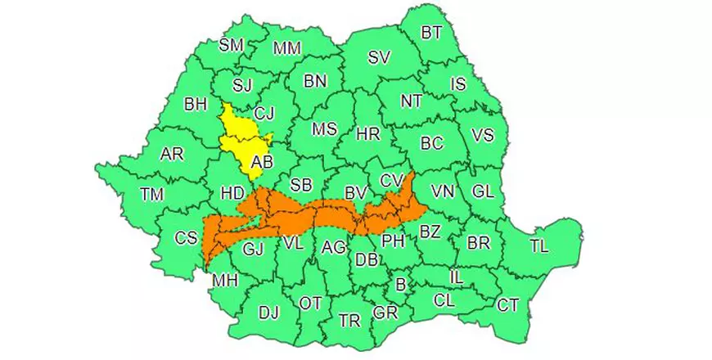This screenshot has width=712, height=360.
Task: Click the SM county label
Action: pos(232,45)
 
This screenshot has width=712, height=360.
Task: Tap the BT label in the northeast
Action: pos(431,33)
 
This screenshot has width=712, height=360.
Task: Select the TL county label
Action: pos(539,246)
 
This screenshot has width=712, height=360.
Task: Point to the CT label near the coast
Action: pos(508,305)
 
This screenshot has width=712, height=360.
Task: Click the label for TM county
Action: pos(151,194)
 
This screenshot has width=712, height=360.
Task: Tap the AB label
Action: pos(262,163)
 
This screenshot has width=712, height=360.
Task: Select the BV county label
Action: pos(355,193)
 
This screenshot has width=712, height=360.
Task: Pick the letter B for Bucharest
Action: pos(400,285)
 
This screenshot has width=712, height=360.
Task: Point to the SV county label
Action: pos(379,57)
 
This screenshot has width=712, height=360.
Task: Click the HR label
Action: pos(368,134)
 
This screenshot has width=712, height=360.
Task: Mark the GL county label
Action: pos(483,191)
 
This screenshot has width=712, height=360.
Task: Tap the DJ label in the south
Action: pos(268,312)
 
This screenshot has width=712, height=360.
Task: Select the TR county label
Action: pos(349,320)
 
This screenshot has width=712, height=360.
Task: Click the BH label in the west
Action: pos(196,104)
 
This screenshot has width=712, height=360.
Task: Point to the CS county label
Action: pos(187,238)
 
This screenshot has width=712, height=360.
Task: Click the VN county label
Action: pos(443,191)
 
